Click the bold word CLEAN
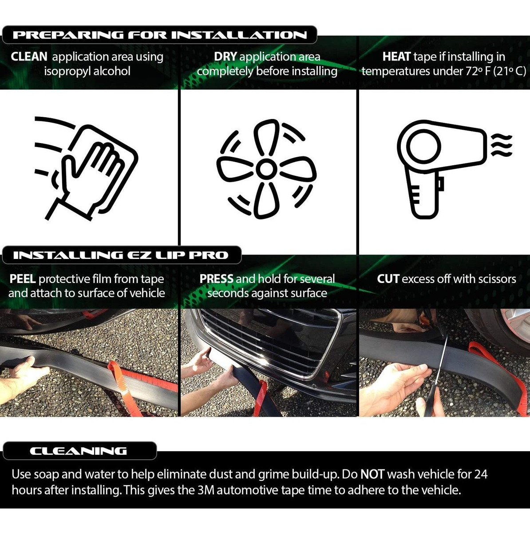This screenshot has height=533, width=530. click(x=29, y=57)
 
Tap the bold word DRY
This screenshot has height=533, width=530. click(x=225, y=57)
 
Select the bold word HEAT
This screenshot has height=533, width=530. click(x=396, y=57)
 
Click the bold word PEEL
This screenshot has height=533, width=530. click(x=22, y=279)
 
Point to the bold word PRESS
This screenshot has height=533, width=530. click(x=216, y=279)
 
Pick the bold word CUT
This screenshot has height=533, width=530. click(x=388, y=279)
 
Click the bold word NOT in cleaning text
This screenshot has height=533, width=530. click(x=372, y=474)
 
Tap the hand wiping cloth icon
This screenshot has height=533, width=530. click(x=86, y=169)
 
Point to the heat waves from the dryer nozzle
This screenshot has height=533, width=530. click(x=501, y=145)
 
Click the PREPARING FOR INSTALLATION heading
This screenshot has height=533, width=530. click(x=159, y=35)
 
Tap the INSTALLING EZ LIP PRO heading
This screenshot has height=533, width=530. click(x=121, y=255)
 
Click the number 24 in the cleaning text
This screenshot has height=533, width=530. click(x=481, y=474)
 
